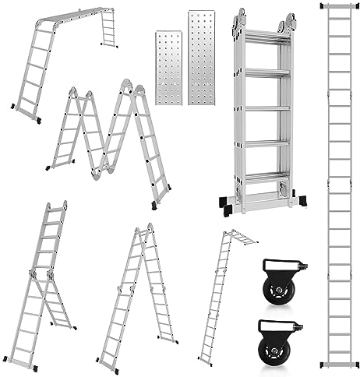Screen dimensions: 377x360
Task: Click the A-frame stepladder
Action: [136, 296]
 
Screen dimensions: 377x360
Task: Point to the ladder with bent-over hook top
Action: [222, 296]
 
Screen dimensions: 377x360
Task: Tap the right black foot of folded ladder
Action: [299, 201]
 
